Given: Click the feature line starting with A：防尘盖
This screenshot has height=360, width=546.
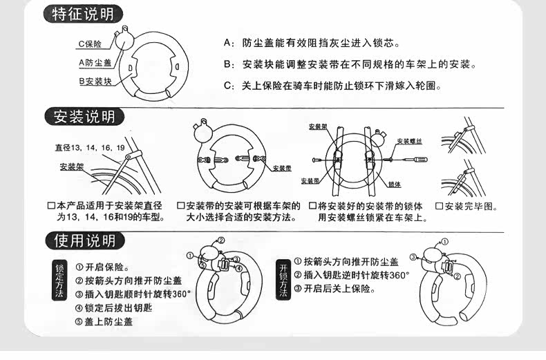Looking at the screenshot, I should [312, 44].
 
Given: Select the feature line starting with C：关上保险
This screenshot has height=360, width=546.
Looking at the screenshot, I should [332, 86].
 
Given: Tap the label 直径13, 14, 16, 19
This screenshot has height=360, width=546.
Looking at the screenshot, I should [90, 148].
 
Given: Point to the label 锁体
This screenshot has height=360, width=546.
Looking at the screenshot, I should [395, 184].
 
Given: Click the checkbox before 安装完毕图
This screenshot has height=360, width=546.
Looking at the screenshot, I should [439, 207].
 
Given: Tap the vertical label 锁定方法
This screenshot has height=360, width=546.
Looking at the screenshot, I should [59, 283].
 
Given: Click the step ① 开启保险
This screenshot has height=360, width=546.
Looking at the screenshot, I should [103, 267].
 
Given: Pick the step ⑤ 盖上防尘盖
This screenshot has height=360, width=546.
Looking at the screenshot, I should [104, 322].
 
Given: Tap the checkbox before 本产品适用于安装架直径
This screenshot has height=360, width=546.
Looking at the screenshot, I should [50, 207].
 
